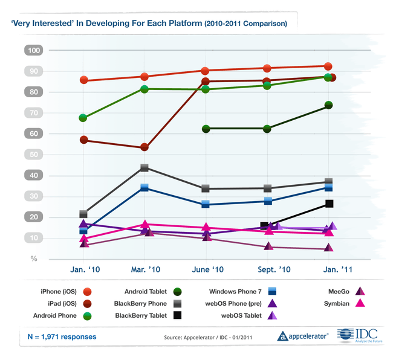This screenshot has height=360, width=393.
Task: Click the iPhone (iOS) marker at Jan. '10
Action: pyautogui.click(x=83, y=80)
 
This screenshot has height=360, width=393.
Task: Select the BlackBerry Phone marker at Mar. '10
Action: pyautogui.click(x=145, y=167)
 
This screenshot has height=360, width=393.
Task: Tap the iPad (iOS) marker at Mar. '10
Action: pyautogui.click(x=144, y=147)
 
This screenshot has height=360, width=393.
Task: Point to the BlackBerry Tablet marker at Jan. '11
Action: pyautogui.click(x=329, y=204)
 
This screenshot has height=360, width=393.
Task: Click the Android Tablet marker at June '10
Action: pyautogui.click(x=206, y=129)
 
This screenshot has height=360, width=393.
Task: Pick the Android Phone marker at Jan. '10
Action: pyautogui.click(x=83, y=118)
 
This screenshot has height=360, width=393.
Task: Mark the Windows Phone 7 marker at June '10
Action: pyautogui.click(x=206, y=204)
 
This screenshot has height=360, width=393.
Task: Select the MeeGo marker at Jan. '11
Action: pyautogui.click(x=328, y=248)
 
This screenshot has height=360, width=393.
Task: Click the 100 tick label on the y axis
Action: pyautogui.click(x=34, y=50)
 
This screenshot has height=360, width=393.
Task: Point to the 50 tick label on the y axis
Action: pyautogui.click(x=34, y=155)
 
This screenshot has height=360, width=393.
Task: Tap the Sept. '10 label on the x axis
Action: pyautogui.click(x=274, y=269)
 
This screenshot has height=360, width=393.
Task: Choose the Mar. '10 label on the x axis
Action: pyautogui.click(x=145, y=269)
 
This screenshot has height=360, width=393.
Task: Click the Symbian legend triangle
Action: pyautogui.click(x=360, y=303)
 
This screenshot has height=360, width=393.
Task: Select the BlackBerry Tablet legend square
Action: pyautogui.click(x=177, y=315)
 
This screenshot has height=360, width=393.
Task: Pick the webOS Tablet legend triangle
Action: pyautogui.click(x=272, y=315)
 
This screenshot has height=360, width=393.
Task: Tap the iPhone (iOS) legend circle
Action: pyautogui.click(x=87, y=292)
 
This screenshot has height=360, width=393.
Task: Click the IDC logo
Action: pyautogui.click(x=360, y=335)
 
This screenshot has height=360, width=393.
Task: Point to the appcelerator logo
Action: pyautogui.click(x=303, y=336)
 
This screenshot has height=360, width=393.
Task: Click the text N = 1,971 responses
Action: pyautogui.click(x=62, y=336)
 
